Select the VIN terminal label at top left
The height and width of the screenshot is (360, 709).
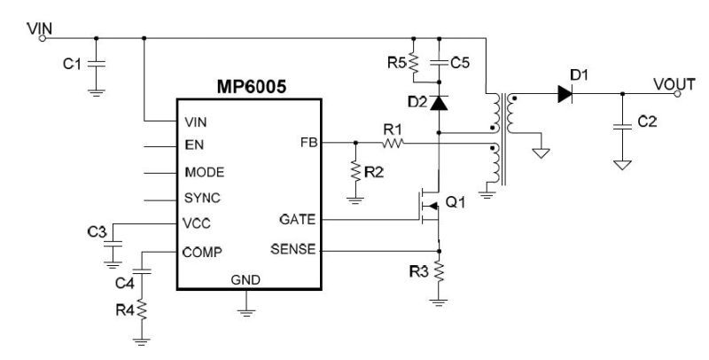[40, 28]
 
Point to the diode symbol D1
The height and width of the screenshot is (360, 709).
[565, 94]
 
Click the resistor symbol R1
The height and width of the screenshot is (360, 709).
[392, 142]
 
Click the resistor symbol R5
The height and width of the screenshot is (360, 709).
[413, 64]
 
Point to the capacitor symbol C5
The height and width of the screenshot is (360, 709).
[437, 63]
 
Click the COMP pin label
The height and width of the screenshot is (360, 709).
[202, 251]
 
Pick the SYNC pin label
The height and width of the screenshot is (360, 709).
[202, 198]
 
